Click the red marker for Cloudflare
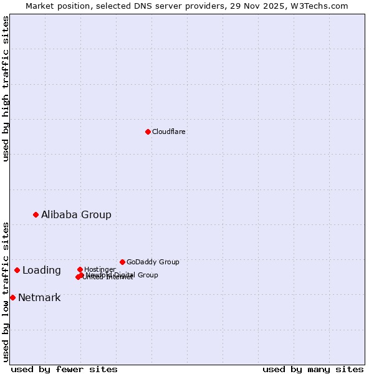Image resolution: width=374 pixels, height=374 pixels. click(x=148, y=132)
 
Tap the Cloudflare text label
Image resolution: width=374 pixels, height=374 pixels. click(x=169, y=132)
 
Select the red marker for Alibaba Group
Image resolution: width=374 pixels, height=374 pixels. click(x=36, y=214)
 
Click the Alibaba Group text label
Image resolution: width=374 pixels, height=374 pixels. click(x=76, y=214)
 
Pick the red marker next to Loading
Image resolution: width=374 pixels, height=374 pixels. click(x=17, y=270)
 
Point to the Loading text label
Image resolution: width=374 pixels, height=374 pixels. click(x=42, y=270)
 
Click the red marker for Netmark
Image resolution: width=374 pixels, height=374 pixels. click(x=12, y=297)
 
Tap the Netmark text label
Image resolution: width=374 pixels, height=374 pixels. click(x=39, y=297)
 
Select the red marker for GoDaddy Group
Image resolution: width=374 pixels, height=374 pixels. click(x=122, y=262)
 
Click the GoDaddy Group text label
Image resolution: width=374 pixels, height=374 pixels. click(x=153, y=262)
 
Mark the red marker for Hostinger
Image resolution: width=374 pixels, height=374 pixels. click(x=80, y=269)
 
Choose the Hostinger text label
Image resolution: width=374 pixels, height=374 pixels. click(x=100, y=269)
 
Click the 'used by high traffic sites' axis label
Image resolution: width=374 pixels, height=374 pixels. click(x=6, y=89)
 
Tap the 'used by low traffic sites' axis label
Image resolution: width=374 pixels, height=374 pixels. click(x=6, y=291)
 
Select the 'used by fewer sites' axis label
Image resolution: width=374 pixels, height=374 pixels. click(x=64, y=369)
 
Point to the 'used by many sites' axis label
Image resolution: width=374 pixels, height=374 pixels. click(x=313, y=369)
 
